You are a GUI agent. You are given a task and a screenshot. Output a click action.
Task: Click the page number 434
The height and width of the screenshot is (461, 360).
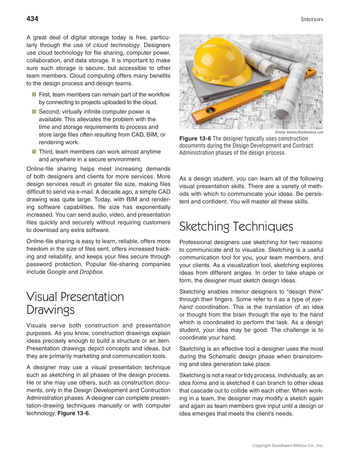point(32,19)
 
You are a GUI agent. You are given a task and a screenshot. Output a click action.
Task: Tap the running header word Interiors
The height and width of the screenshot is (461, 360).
point(312,19)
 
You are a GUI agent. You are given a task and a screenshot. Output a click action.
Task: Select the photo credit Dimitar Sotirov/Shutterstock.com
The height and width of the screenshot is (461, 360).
point(299,132)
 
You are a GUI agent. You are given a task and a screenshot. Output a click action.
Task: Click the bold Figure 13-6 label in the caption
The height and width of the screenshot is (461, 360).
point(195,139)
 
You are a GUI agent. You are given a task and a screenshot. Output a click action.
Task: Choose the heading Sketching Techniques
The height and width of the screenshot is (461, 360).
point(236,226)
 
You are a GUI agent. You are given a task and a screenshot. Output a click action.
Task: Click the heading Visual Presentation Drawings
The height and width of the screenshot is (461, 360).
point(75,303)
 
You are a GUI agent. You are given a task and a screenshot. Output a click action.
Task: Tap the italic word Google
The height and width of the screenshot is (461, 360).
point(57,272)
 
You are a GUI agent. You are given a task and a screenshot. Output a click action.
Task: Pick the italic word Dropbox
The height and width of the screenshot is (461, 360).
point(91,272)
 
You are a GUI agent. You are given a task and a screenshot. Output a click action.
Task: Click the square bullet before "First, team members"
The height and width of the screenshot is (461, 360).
point(33,94)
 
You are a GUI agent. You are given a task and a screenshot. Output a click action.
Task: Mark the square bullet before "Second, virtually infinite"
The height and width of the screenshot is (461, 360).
point(33,111)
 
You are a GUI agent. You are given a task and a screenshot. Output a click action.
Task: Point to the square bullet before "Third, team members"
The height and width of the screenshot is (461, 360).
point(33,151)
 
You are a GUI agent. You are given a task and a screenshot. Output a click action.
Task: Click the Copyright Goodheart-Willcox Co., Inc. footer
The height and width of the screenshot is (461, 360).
point(287,446)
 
